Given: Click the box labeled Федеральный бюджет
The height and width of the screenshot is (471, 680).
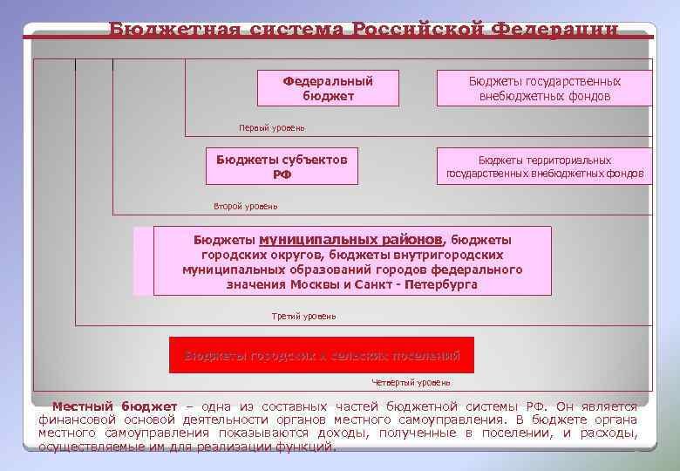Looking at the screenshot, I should (x=328, y=88).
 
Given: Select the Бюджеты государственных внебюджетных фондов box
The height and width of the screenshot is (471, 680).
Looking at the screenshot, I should (x=544, y=88).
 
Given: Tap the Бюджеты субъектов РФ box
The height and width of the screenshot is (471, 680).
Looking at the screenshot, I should (x=282, y=167).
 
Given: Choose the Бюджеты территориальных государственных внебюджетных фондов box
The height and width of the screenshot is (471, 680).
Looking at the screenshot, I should (x=544, y=167).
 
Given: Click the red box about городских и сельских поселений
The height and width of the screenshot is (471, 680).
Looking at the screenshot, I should (x=322, y=355).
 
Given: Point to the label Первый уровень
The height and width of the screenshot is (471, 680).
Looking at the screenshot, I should (x=272, y=128).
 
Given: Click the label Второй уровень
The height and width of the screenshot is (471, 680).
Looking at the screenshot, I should (x=246, y=207).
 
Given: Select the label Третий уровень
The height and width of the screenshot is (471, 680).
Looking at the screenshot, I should (x=303, y=316).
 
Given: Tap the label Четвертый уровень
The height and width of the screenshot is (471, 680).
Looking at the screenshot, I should (x=411, y=382).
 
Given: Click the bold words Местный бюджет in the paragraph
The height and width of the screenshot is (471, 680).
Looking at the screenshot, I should (x=114, y=406).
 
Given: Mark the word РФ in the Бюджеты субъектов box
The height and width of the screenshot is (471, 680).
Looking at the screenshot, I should (x=282, y=174).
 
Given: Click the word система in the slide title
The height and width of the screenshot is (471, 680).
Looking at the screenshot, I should (x=285, y=30).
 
